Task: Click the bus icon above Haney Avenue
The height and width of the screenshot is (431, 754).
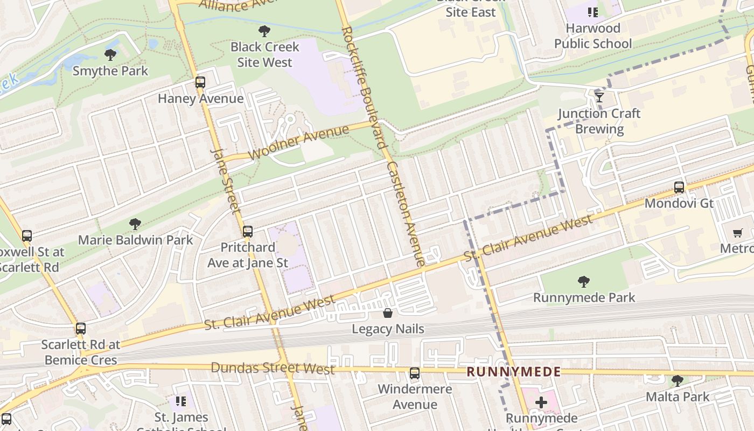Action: [x=200, y=82]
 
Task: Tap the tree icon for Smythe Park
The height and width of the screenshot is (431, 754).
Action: [x=110, y=54]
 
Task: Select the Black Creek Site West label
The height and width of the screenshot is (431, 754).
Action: [x=264, y=54]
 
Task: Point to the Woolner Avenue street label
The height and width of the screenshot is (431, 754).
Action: [x=300, y=143]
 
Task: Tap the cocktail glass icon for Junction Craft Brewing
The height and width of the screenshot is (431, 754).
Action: [x=599, y=97]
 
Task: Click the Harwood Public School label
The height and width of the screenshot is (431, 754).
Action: [x=593, y=36]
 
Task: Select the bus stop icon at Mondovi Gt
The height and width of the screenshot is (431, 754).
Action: [x=679, y=187]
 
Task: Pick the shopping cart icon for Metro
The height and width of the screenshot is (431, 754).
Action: [x=738, y=233]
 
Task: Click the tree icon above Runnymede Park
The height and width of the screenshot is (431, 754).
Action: [x=583, y=281]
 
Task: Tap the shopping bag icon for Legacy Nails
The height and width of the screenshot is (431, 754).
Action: [x=387, y=313]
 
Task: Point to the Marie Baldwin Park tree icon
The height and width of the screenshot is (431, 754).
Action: [x=135, y=224]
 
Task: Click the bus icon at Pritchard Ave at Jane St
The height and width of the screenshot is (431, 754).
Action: [x=248, y=232]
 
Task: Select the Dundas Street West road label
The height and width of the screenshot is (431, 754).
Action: [x=273, y=369]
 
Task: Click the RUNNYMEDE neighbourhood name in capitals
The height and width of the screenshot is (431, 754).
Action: [x=513, y=372]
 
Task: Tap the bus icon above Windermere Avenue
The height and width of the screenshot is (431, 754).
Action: [x=415, y=373]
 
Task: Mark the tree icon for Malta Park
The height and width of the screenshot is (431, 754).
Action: [x=678, y=381]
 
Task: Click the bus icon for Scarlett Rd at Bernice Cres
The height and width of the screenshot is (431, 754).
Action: [x=81, y=329]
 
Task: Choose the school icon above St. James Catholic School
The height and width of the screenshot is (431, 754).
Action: [x=181, y=401]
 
